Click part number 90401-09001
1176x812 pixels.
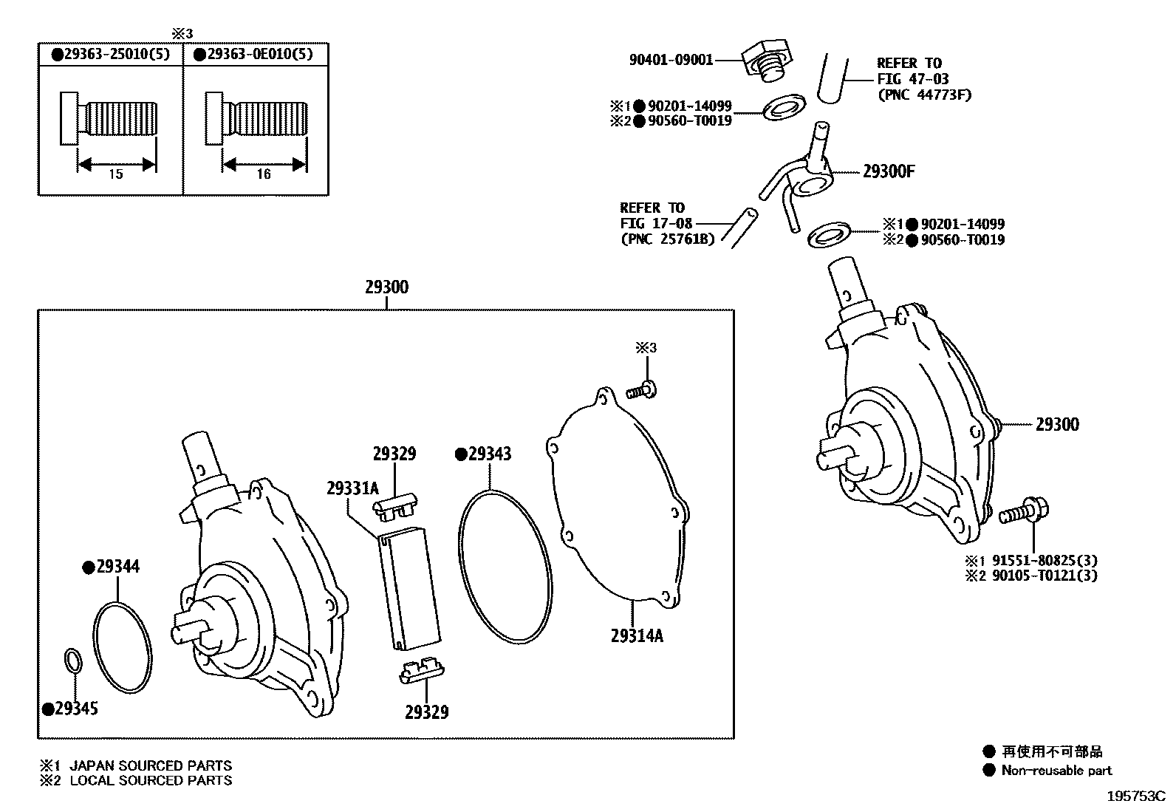[671, 60]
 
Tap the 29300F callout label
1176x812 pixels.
[889, 171]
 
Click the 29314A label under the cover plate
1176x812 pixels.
[637, 635]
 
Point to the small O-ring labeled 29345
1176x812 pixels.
[72, 661]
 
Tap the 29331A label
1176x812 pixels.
[352, 488]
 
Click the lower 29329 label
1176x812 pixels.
[426, 712]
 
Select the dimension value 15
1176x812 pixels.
[115, 174]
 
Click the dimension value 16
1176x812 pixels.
[263, 174]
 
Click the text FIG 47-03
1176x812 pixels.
[913, 79]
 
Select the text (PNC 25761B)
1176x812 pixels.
[668, 239]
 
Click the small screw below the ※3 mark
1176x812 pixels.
[643, 389]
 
